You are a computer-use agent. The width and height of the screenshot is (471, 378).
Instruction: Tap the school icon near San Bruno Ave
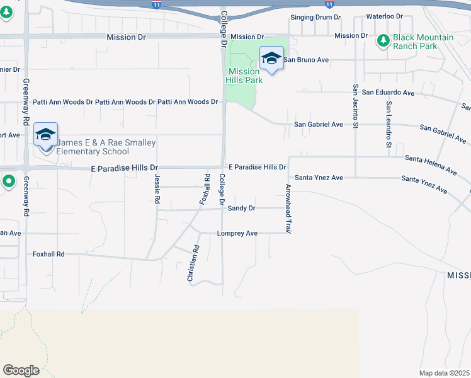tap(271, 59)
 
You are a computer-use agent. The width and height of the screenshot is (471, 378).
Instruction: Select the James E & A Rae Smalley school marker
tap(45, 135)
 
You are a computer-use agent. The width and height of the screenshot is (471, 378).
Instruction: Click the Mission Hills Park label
tap(244, 76)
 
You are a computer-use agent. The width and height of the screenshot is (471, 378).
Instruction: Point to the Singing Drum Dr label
tap(315, 17)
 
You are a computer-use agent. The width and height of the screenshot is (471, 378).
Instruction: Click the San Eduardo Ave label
tap(389, 93)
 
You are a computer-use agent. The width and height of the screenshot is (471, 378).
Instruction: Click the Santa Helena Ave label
tap(431, 164)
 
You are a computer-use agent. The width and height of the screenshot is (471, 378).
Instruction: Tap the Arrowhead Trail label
tap(288, 209)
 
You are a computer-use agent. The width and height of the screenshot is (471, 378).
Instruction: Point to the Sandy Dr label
tap(241, 208)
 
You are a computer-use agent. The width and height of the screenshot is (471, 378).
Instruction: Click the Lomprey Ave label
tap(237, 233)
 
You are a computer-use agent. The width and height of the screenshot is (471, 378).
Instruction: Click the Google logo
tap(21, 370)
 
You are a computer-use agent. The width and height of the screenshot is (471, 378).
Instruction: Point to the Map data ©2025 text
tap(444, 373)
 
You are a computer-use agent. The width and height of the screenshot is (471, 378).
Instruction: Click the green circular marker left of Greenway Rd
tap(8, 182)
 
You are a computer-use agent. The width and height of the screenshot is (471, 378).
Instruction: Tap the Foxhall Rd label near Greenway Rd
tap(48, 254)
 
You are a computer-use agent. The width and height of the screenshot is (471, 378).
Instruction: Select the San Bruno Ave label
tap(307, 60)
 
